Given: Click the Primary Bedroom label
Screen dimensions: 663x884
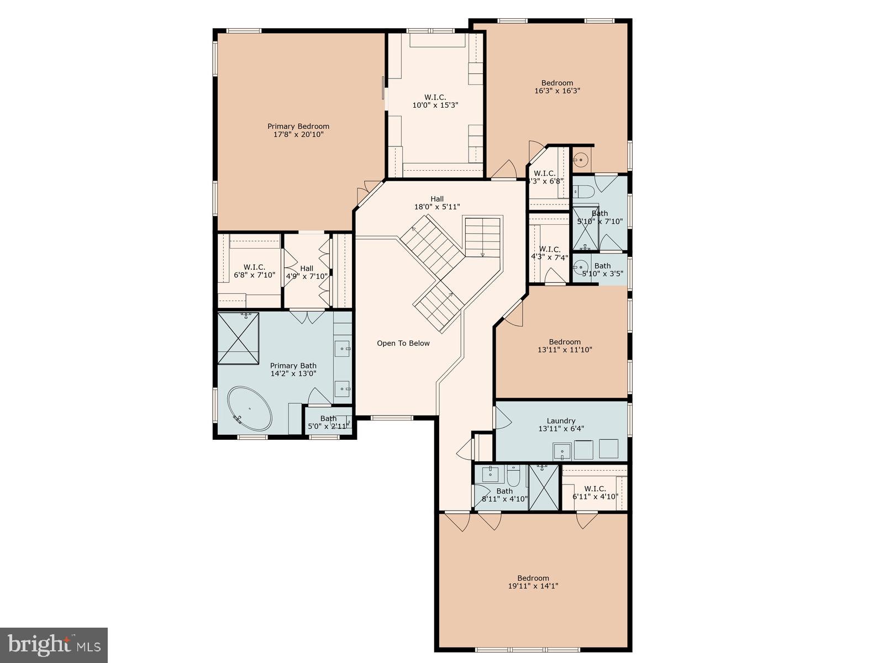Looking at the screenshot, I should (298, 127).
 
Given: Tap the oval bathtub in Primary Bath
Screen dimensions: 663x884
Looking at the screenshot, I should (250, 409).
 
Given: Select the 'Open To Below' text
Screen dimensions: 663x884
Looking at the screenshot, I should (403, 343).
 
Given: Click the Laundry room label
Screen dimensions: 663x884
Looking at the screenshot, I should (561, 420).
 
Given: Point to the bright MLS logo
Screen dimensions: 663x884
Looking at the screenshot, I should (54, 645).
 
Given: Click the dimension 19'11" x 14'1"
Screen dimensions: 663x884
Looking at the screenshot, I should (533, 586).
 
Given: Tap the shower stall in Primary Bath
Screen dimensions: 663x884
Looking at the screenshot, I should (238, 338).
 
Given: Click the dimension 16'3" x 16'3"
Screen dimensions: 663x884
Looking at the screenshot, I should (557, 91).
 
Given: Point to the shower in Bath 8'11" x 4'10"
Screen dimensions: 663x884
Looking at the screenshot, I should (544, 487).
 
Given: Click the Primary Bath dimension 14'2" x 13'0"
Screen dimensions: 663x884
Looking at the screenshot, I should (293, 373).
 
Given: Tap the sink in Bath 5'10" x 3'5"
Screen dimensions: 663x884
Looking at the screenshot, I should (580, 269).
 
